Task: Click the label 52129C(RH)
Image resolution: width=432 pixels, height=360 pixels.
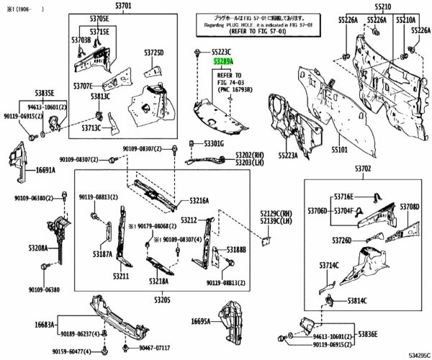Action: tap(277, 214)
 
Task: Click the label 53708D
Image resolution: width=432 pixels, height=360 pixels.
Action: tap(410, 207)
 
